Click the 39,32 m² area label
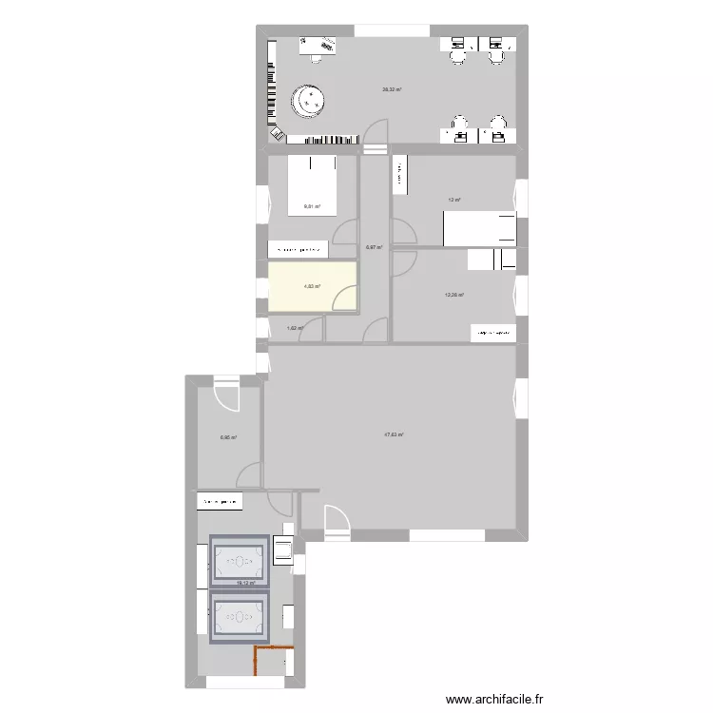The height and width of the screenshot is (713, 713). [x=392, y=89]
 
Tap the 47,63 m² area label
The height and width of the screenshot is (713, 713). [x=394, y=435]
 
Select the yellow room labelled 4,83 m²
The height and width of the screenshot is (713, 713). [x=312, y=286]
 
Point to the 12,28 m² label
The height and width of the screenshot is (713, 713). [x=454, y=295]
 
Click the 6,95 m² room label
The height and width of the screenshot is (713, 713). [x=228, y=438]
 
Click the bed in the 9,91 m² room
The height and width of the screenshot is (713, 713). [x=312, y=185]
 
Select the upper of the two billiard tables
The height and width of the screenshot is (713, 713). [x=240, y=560]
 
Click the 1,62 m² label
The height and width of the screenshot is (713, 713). [x=295, y=329]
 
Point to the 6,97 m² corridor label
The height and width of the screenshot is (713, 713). [x=374, y=248]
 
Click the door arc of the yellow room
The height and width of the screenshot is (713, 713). [x=345, y=298]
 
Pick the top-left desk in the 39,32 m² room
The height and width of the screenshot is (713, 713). [x=318, y=45]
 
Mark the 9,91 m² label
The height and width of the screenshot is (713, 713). [x=312, y=207]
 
